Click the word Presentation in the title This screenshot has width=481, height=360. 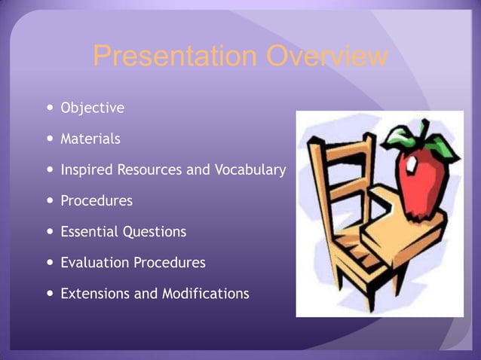[175, 56]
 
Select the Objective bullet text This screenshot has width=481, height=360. [92, 108]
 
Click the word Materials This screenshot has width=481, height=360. [90, 139]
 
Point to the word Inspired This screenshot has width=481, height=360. [86, 170]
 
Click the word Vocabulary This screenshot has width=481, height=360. [250, 170]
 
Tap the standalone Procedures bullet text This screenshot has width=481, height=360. [96, 201]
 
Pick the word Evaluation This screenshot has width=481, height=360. [95, 263]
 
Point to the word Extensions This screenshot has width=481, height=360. [95, 294]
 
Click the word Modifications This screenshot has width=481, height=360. [205, 294]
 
